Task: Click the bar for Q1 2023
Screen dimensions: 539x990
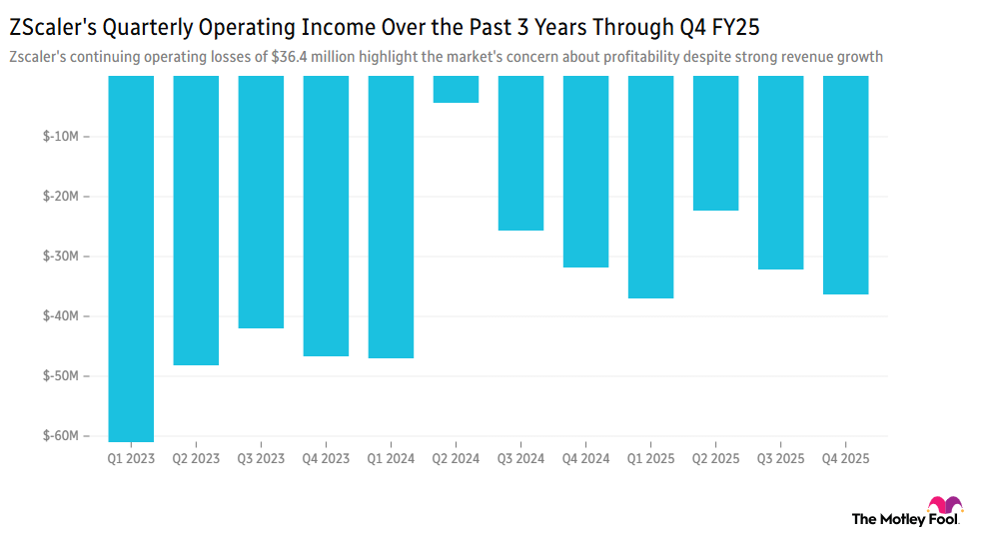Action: pos(131,258)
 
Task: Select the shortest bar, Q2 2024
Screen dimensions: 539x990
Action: pos(456,89)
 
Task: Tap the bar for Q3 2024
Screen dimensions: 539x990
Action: pos(520,153)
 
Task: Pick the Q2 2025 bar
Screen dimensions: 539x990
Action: pos(715,143)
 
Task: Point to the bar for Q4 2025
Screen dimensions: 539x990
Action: pos(845,185)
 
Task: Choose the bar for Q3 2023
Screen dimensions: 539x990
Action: pos(261,202)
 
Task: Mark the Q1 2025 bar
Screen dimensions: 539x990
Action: pos(650,187)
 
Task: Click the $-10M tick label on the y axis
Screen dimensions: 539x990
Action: pos(62,137)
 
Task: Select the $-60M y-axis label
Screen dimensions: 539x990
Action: pos(62,436)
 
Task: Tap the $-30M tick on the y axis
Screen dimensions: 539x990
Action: pos(62,257)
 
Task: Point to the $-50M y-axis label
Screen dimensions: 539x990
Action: pos(62,376)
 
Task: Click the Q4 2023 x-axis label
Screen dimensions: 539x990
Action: pos(326,459)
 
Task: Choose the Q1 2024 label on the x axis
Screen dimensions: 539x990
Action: pos(391,459)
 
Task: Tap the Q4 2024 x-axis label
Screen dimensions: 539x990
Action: pos(585,459)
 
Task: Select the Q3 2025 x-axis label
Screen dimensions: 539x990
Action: pos(780,459)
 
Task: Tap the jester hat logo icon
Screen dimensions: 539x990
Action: pos(945,506)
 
